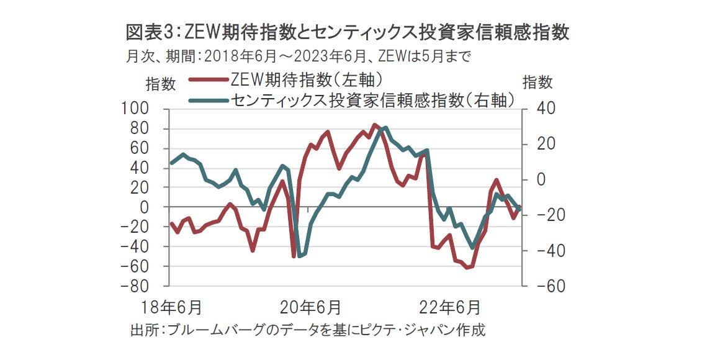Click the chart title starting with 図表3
(347, 32)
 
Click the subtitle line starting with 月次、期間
(298, 56)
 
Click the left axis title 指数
(160, 83)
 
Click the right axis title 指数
(537, 83)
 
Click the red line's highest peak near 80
(374, 125)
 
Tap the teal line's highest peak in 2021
(385, 128)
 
